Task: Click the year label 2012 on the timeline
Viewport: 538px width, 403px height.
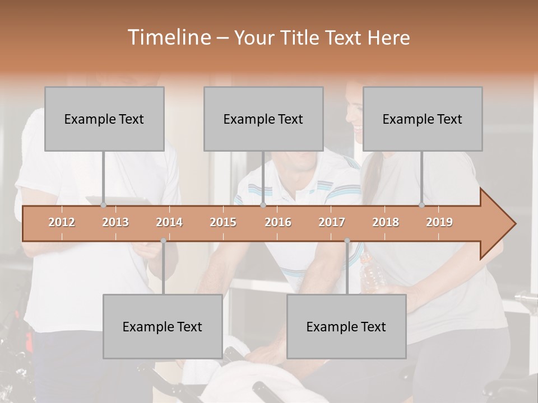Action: [62, 222]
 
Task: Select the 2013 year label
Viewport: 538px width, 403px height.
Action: [115, 222]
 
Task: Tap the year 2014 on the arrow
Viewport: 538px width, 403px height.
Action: [169, 222]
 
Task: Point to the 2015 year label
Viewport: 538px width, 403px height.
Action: [223, 222]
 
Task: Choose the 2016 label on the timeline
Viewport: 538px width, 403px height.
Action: [278, 222]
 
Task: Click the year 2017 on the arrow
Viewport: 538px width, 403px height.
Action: [332, 222]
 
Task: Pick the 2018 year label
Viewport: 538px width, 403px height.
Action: [386, 222]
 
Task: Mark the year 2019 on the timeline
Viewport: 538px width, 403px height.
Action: [439, 222]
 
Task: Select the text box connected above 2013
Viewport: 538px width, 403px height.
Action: [104, 119]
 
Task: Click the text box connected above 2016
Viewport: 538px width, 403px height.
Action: [263, 119]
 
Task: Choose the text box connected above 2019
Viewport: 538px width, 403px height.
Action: [423, 119]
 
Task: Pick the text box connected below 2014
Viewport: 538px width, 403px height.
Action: [163, 326]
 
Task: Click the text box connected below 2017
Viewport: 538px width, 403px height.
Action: [346, 326]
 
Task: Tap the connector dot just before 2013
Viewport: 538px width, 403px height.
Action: [104, 205]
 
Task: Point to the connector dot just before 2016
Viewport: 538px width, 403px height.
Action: [263, 205]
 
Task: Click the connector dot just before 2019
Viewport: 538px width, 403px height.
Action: [422, 205]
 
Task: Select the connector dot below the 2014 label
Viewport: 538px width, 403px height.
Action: [163, 241]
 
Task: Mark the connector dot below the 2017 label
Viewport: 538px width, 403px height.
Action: [347, 241]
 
